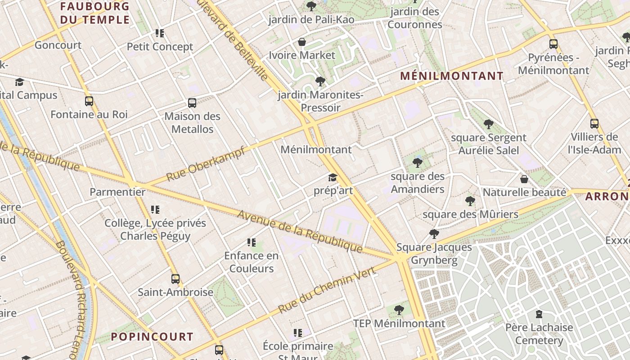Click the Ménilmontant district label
pos(452,76)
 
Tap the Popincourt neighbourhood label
pos(152,337)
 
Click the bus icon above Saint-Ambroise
pos(175,279)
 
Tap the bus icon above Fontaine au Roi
pos(89,101)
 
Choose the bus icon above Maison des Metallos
pos(192,103)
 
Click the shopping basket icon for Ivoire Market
pos(302,42)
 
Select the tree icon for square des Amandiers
pos(418,163)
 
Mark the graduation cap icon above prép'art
pos(333,178)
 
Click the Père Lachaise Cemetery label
pos(539,334)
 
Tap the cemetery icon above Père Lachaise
pos(539,314)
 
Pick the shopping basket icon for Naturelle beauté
pos(524,179)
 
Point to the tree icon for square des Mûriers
pos(470,201)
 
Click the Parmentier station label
pos(117,192)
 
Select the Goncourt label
pos(58,45)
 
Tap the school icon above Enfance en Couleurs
pos(252,243)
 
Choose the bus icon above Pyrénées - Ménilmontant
pos(553,44)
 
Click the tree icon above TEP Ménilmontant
pos(399,310)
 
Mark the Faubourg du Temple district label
pos(95,13)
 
